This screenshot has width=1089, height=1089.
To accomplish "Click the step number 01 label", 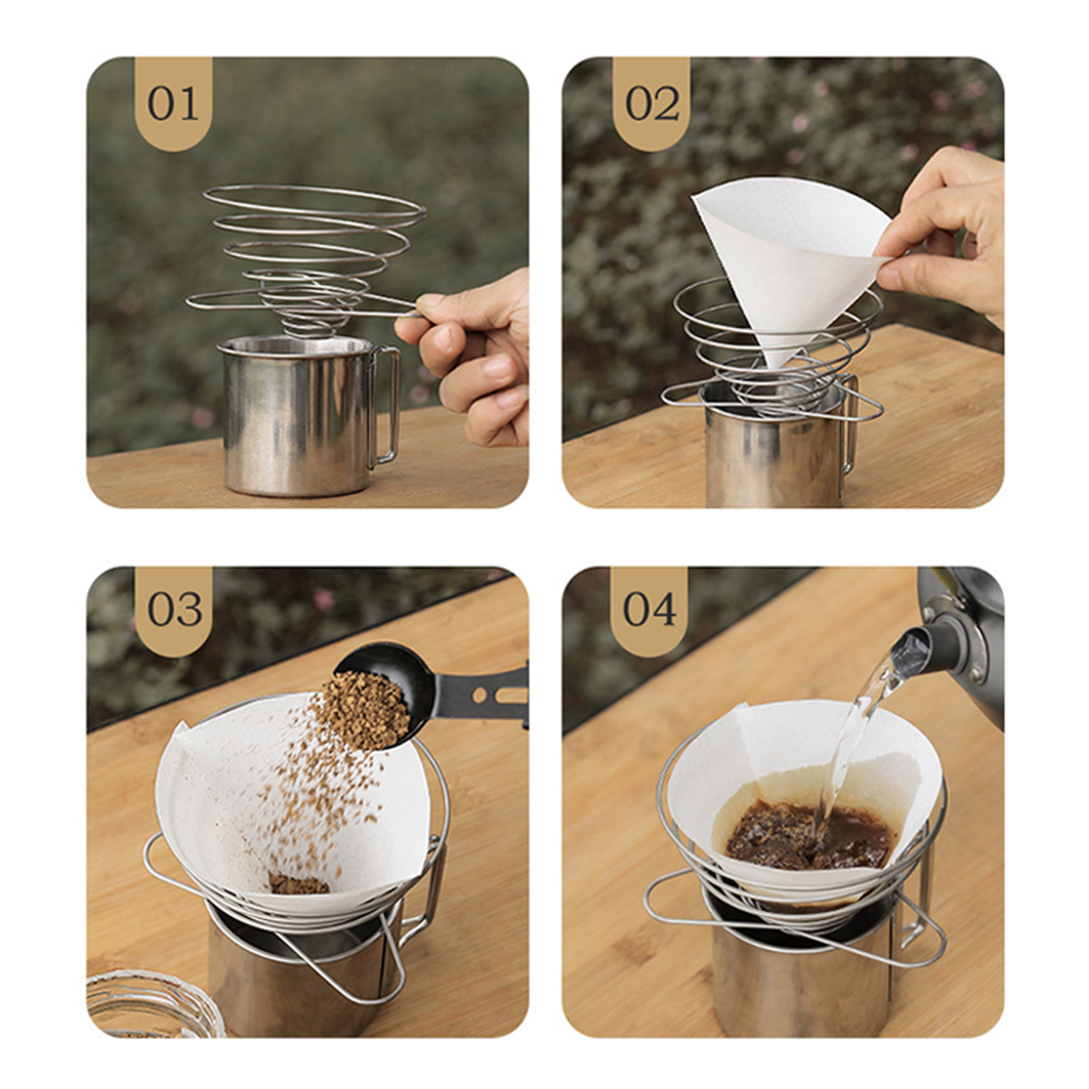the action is pos(174,104).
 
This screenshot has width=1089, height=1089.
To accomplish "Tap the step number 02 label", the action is pos(652,104).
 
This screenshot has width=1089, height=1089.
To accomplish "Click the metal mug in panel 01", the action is pos(299,415).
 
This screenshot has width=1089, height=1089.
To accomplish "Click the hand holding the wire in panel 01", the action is pos(470,354).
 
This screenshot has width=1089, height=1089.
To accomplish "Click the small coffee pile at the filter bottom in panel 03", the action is pos(299,883).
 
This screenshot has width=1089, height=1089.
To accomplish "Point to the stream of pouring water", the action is pos(854,749).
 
